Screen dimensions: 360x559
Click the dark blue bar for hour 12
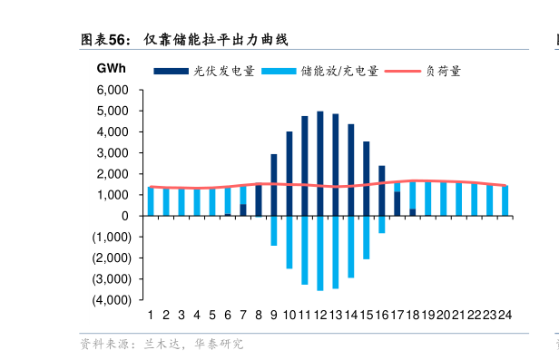point(320,163)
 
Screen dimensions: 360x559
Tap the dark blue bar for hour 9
point(273,185)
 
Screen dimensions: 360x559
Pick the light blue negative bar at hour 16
point(382,224)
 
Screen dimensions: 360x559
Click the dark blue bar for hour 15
point(367,179)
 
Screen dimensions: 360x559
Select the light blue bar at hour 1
point(150,201)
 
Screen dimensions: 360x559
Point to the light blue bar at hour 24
point(505,200)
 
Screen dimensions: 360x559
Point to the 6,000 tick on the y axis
point(113,90)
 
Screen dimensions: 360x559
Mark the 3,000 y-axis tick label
point(113,153)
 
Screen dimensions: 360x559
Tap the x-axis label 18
point(413,315)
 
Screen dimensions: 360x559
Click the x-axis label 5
point(211,315)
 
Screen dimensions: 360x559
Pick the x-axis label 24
point(505,315)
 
